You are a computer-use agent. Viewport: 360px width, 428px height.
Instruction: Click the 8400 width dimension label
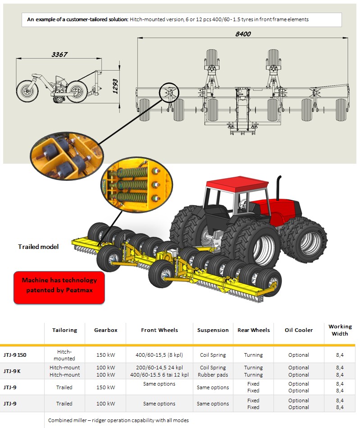243,34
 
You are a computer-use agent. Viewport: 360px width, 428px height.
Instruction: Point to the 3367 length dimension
59,55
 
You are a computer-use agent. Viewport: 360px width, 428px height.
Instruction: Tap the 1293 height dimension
115,86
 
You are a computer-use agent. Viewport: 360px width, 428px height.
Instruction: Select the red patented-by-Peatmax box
59,285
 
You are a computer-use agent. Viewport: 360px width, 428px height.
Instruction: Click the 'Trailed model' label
38,247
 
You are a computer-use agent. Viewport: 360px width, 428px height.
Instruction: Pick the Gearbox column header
106,330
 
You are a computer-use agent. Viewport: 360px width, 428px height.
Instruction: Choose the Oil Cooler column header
299,330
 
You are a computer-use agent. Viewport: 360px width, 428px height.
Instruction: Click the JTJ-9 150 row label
15,355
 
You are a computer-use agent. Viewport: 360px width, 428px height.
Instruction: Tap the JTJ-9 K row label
12,371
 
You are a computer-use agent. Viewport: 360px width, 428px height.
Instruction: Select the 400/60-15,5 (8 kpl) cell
159,355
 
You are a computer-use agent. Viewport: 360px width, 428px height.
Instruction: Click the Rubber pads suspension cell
213,375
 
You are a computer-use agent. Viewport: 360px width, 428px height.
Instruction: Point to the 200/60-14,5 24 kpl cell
159,368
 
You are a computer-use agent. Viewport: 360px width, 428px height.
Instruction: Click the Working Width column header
340,330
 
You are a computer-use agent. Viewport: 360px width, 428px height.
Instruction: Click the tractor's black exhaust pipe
279,189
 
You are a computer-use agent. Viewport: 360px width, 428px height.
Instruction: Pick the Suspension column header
213,330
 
